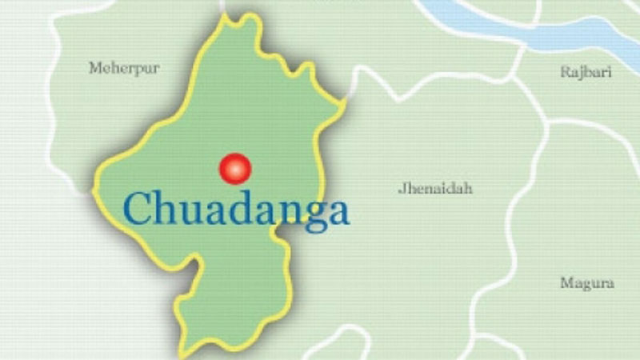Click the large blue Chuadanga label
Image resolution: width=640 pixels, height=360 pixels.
click(x=236, y=210)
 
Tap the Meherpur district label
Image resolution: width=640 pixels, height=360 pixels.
click(x=124, y=68)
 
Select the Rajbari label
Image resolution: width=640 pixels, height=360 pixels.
click(x=586, y=72)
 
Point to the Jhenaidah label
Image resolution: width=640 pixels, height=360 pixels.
click(x=435, y=189)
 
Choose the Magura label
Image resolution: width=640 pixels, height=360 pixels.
click(x=587, y=283)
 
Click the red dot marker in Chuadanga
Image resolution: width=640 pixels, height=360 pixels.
click(x=235, y=168)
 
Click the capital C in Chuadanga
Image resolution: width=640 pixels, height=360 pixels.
click(x=137, y=210)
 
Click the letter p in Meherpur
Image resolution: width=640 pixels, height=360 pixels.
click(x=141, y=70)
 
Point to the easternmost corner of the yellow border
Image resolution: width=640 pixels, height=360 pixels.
click(x=346, y=102)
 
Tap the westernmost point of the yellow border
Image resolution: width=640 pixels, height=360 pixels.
click(x=94, y=192)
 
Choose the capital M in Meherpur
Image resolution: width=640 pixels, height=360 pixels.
click(x=95, y=68)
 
